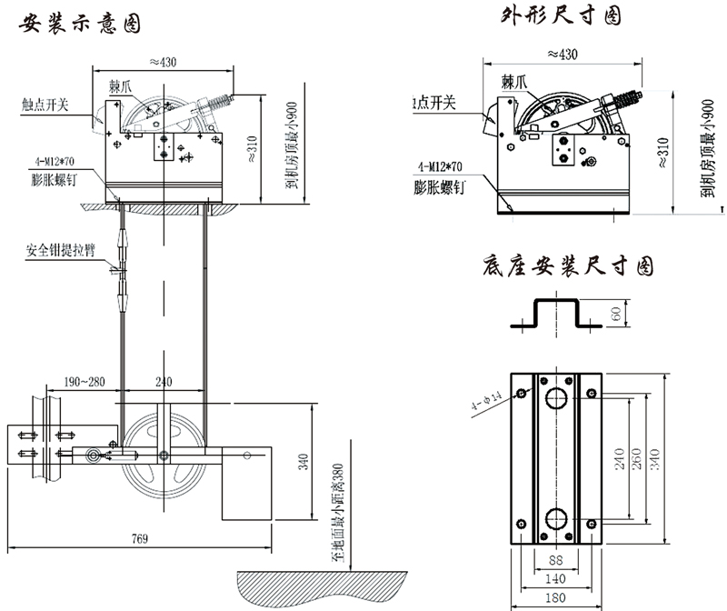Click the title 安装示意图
80,23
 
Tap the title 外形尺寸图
563,17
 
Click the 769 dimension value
139,539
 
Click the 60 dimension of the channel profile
615,315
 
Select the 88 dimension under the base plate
554,561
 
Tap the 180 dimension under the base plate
555,598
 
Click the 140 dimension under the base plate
555,579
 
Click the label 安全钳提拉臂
61,249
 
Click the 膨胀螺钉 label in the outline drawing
440,189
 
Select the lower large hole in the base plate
554,520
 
